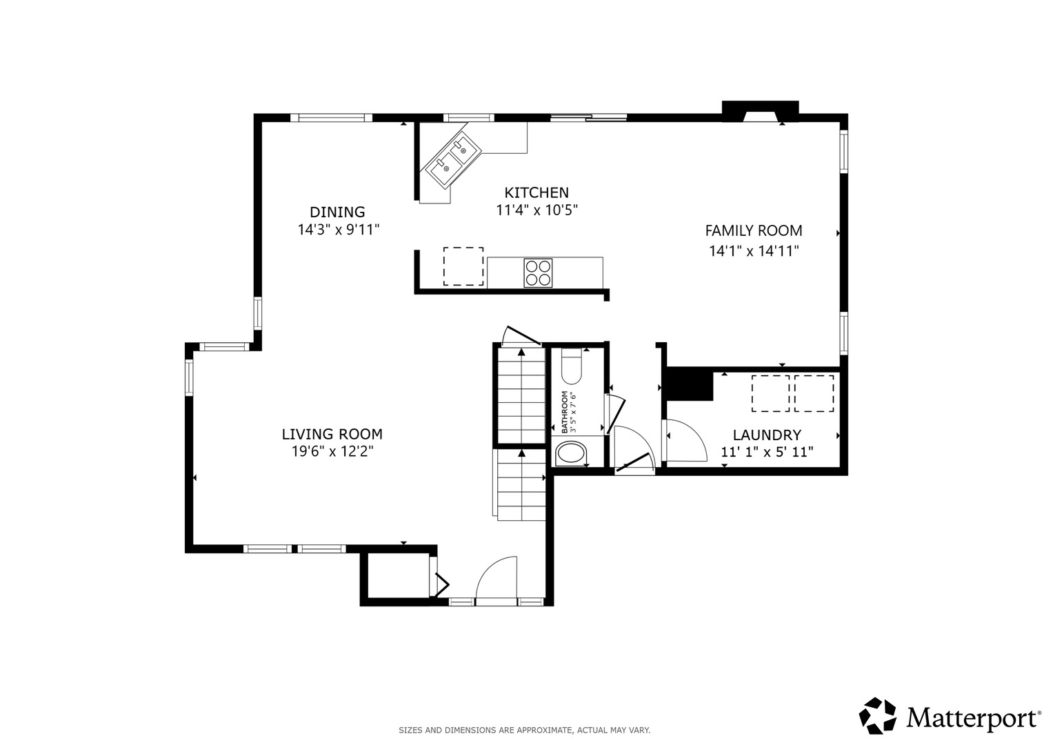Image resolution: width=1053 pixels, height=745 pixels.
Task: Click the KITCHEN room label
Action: coord(536,193)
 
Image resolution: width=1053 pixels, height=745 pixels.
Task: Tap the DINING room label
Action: coord(337,212)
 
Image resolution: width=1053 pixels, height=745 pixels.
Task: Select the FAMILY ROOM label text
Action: coord(754,231)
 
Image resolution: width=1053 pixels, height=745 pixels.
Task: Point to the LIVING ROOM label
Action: coord(332,434)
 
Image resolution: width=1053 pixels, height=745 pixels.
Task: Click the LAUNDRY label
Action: coord(768,435)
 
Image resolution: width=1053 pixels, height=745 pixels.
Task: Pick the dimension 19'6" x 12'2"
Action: coord(332,452)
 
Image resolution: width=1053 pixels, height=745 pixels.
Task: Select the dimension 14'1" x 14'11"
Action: coord(754,251)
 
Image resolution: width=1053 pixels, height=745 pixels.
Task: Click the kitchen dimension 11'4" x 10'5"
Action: coord(536,210)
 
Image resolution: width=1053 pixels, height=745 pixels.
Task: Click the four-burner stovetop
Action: coord(539,272)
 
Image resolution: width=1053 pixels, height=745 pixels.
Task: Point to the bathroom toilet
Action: coord(572,366)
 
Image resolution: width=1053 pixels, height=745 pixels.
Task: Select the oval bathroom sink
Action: coord(571,455)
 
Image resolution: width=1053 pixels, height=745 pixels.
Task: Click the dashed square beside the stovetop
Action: coord(463,266)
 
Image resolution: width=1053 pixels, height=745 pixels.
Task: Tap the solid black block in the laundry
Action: coord(690,384)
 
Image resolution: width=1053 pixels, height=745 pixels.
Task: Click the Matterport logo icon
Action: coord(878,715)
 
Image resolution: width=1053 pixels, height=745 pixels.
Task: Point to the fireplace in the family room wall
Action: coord(760,112)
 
